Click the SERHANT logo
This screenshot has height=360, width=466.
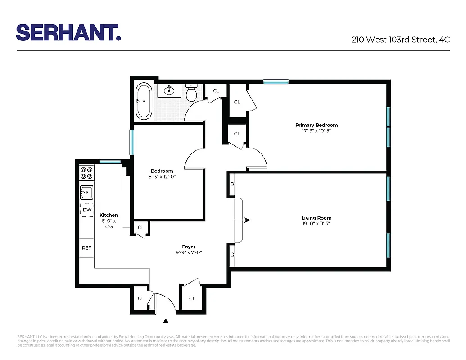click(68, 32)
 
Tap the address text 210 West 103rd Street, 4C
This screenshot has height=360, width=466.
click(400, 40)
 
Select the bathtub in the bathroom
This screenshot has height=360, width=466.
click(144, 102)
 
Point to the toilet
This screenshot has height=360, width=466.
click(191, 94)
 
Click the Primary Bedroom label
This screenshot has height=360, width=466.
click(317, 125)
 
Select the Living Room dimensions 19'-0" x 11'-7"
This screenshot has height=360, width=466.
click(317, 224)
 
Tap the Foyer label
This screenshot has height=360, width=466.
click(189, 247)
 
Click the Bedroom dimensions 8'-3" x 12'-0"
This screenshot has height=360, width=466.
click(162, 177)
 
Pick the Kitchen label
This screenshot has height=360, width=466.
click(109, 215)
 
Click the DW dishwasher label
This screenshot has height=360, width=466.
click(87, 210)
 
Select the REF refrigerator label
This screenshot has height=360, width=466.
click(86, 247)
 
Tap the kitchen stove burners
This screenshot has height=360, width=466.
click(86, 173)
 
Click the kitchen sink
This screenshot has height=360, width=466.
click(86, 192)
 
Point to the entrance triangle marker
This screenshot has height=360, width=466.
click(166, 321)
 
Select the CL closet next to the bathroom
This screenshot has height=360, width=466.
click(216, 90)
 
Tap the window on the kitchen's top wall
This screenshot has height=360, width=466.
click(109, 162)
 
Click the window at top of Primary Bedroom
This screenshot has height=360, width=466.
click(276, 82)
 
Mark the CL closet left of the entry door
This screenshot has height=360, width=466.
click(141, 298)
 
